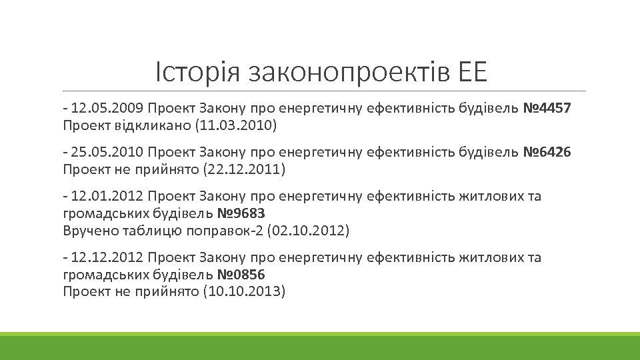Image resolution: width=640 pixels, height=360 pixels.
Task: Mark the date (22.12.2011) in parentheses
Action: click(243, 169)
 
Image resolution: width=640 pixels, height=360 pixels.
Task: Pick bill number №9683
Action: click(241, 214)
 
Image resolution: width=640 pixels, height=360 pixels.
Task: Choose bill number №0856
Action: click(241, 275)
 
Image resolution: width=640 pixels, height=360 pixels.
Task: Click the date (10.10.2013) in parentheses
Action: click(243, 291)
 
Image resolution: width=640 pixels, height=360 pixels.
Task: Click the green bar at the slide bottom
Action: click(320, 347)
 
